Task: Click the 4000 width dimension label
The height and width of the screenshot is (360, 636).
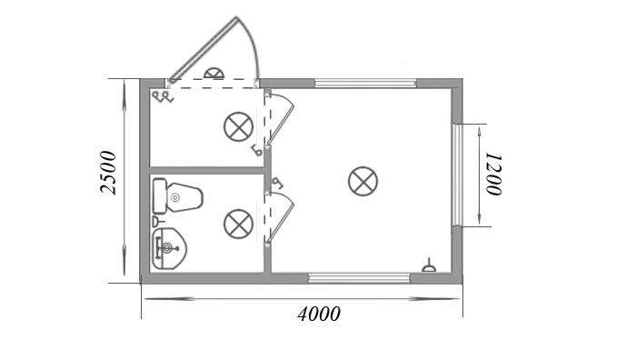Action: [x=319, y=315]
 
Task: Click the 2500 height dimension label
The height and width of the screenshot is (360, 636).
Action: [x=108, y=173]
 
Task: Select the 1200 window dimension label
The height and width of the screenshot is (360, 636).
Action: [x=494, y=175]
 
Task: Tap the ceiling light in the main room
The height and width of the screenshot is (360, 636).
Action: [x=363, y=181]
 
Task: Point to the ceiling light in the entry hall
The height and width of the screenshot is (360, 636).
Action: [x=238, y=126]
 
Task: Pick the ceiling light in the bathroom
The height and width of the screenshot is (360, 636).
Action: [x=238, y=224]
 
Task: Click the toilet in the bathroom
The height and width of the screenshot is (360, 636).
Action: [x=177, y=196]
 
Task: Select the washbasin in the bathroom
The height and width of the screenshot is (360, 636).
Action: [x=169, y=248]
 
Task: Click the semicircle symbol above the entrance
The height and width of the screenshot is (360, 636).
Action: [x=214, y=74]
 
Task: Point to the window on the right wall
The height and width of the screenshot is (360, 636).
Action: [x=457, y=175]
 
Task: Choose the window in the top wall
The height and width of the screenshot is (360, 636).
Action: [x=366, y=84]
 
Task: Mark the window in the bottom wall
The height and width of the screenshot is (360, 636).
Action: [x=359, y=278]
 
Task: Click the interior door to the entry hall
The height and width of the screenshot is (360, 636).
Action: [x=280, y=118]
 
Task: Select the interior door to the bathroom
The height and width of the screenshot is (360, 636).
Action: [x=280, y=218]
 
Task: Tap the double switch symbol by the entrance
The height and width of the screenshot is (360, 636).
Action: [x=163, y=97]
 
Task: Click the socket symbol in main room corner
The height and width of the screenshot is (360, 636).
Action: [x=429, y=265]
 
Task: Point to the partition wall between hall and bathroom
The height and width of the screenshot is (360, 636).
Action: [x=207, y=170]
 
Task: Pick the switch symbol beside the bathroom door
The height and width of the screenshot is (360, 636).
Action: [x=278, y=184]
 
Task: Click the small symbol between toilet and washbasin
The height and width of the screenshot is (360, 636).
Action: [x=159, y=221]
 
